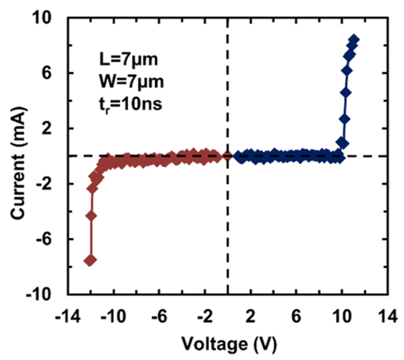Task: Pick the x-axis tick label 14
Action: tap(387, 317)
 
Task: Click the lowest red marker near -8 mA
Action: tap(90, 261)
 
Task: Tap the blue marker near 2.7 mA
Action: tap(344, 119)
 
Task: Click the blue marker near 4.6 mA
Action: tap(346, 93)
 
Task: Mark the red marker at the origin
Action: tap(227, 156)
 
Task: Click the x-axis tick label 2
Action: tap(251, 317)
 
